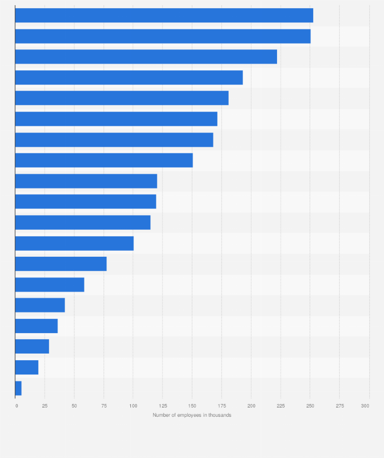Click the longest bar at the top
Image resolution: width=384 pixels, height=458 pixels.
pos(164,15)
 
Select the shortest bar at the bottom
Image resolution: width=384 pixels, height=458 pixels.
pos(18,388)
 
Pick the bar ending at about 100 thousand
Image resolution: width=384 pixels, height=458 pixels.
pos(74,244)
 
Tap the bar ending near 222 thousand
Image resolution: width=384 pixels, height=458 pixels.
pos(146,57)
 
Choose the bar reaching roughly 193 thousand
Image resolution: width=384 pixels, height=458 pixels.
pos(129,77)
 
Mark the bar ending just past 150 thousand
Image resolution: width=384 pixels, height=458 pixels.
pos(104,160)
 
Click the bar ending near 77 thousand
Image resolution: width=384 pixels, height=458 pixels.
pos(61,264)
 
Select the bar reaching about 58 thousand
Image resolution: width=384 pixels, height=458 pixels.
pos(49,285)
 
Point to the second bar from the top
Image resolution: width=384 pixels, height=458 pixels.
pos(163,36)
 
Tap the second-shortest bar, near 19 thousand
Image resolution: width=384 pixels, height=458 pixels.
pos(26,367)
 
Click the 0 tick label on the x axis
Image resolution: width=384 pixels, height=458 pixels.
pos(16,406)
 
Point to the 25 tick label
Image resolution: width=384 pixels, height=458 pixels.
pos(45,406)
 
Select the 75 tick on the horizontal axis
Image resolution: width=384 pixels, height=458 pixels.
pos(103,406)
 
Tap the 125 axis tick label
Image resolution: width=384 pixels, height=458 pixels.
pos(162,406)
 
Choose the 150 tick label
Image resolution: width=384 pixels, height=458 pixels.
pos(192,406)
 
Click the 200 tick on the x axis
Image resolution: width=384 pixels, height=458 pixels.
pos(251,406)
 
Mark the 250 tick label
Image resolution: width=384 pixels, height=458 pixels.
pos(310,406)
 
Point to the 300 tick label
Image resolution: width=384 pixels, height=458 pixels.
pos(365,406)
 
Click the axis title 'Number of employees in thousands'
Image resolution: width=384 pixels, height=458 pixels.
pos(192,415)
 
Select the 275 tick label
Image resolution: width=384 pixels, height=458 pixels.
pos(339,406)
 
